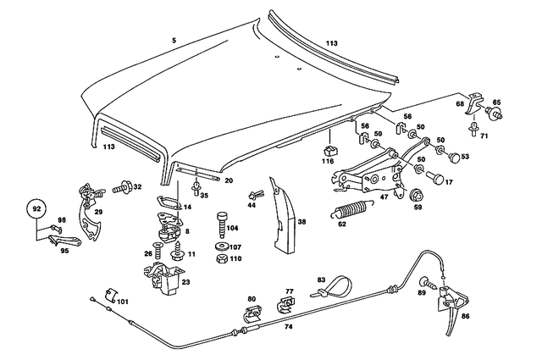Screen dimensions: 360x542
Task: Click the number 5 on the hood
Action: [174, 40]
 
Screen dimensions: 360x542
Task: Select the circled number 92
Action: [36, 208]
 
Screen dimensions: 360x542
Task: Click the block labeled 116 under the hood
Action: [329, 150]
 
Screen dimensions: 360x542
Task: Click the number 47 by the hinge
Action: [384, 197]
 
